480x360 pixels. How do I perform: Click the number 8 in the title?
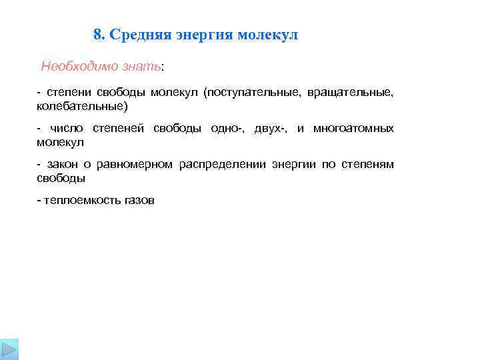[x=98, y=35]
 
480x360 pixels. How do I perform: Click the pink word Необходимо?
[x=73, y=67]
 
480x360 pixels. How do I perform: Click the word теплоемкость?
[x=82, y=200]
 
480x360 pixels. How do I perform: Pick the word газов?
[x=139, y=200]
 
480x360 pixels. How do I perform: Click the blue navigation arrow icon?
[x=9, y=351]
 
